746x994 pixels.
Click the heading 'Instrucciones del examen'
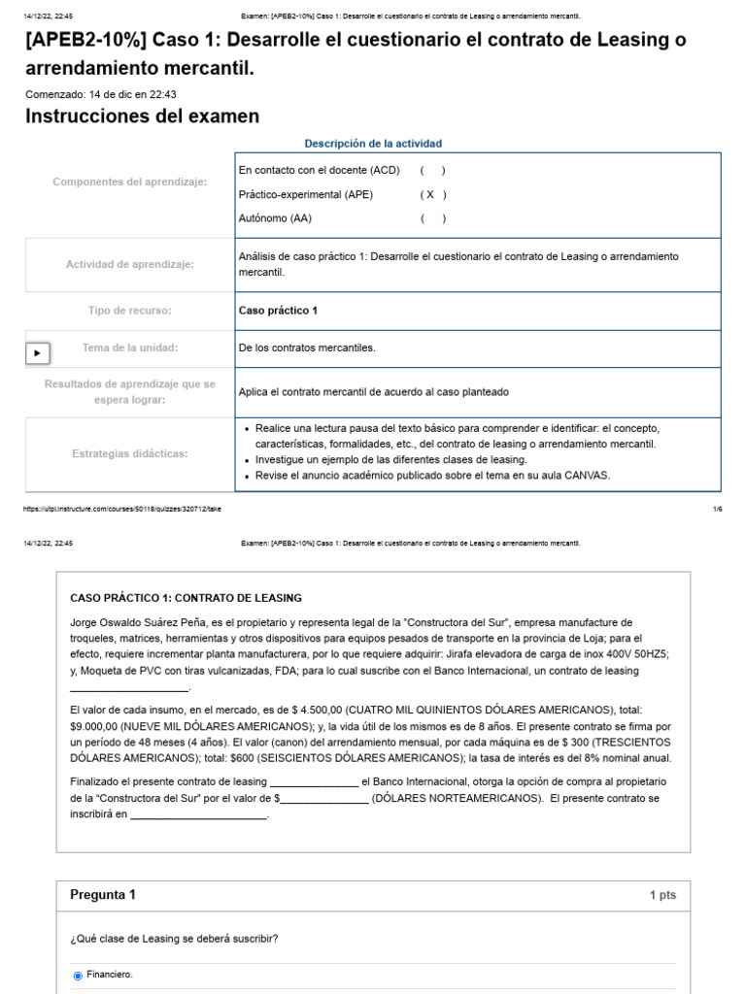tap(142, 116)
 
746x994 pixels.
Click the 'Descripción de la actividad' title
tap(372, 144)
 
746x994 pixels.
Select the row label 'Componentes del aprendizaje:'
tap(129, 182)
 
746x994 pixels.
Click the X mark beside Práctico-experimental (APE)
tap(430, 194)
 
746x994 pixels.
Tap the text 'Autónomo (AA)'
tap(275, 218)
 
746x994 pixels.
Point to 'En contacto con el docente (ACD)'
tap(319, 170)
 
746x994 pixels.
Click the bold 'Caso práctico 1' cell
tap(278, 311)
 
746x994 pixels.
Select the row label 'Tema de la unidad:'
tap(130, 348)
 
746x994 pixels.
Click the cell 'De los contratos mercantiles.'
tap(307, 348)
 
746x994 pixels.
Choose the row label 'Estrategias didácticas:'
tap(130, 453)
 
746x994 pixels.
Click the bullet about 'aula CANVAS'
tap(432, 476)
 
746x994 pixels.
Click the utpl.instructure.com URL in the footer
tap(121, 509)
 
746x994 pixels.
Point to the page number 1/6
tap(717, 509)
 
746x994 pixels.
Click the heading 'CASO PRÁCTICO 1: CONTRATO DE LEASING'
tap(186, 598)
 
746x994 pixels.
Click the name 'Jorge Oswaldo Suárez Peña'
tap(134, 622)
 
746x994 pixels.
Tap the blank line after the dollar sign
tap(324, 799)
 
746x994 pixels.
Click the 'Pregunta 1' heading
tap(103, 895)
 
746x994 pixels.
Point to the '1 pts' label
tap(662, 895)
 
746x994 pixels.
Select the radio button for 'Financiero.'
tap(78, 976)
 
